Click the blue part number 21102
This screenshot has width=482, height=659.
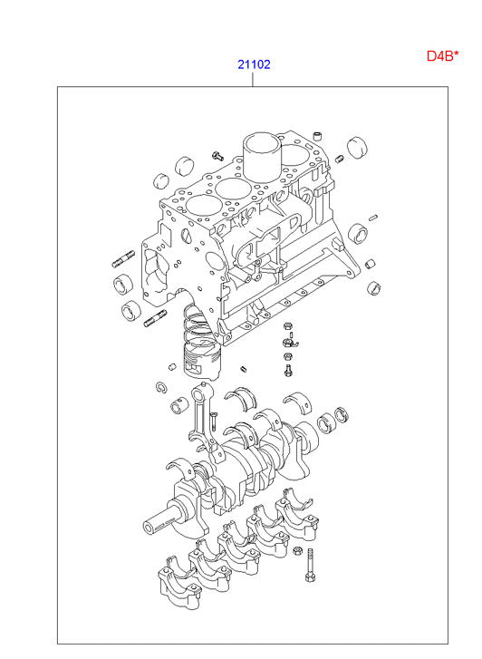pos(254,64)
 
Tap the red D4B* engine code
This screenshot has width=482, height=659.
pos(442,55)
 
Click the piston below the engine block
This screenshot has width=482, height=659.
pos(202,361)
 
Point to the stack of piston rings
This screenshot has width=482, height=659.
pos(197,323)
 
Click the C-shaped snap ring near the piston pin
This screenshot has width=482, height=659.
pos(161,388)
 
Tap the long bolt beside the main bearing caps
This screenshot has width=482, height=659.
pos(311,565)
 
